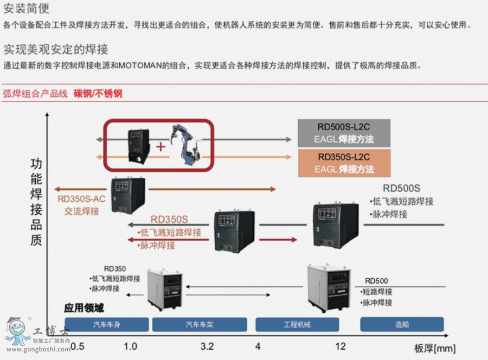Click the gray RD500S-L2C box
(344, 133)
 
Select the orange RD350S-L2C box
(344, 163)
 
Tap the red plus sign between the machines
(160, 146)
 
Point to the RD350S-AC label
(81, 198)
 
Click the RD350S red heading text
(169, 220)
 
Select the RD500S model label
(401, 189)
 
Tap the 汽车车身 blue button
(107, 325)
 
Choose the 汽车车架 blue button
(200, 325)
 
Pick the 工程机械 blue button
(297, 325)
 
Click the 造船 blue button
(402, 325)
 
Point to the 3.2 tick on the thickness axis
(207, 346)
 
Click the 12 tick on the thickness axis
(340, 346)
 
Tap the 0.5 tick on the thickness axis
(78, 346)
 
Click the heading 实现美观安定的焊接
(56, 49)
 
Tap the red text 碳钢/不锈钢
(98, 94)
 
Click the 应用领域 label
(84, 308)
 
